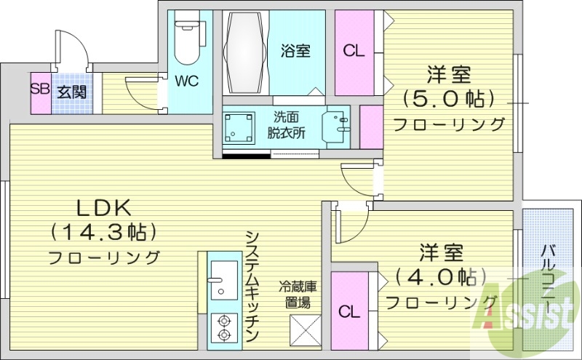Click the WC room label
186,81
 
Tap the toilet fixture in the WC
187,40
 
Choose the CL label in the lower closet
349,312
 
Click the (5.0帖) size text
448,98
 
